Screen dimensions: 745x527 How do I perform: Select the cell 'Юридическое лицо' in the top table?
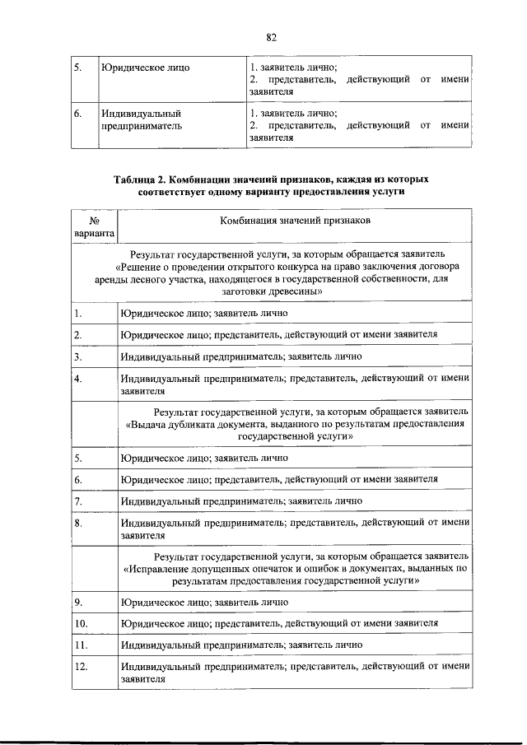pos(145,67)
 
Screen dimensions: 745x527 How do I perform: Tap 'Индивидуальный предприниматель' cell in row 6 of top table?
pos(141,120)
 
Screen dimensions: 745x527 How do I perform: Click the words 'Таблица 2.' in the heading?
pos(142,179)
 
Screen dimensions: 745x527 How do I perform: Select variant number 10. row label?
pos(81,623)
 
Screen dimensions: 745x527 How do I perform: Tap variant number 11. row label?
pos(80,645)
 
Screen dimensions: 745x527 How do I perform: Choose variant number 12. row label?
pos(81,666)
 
